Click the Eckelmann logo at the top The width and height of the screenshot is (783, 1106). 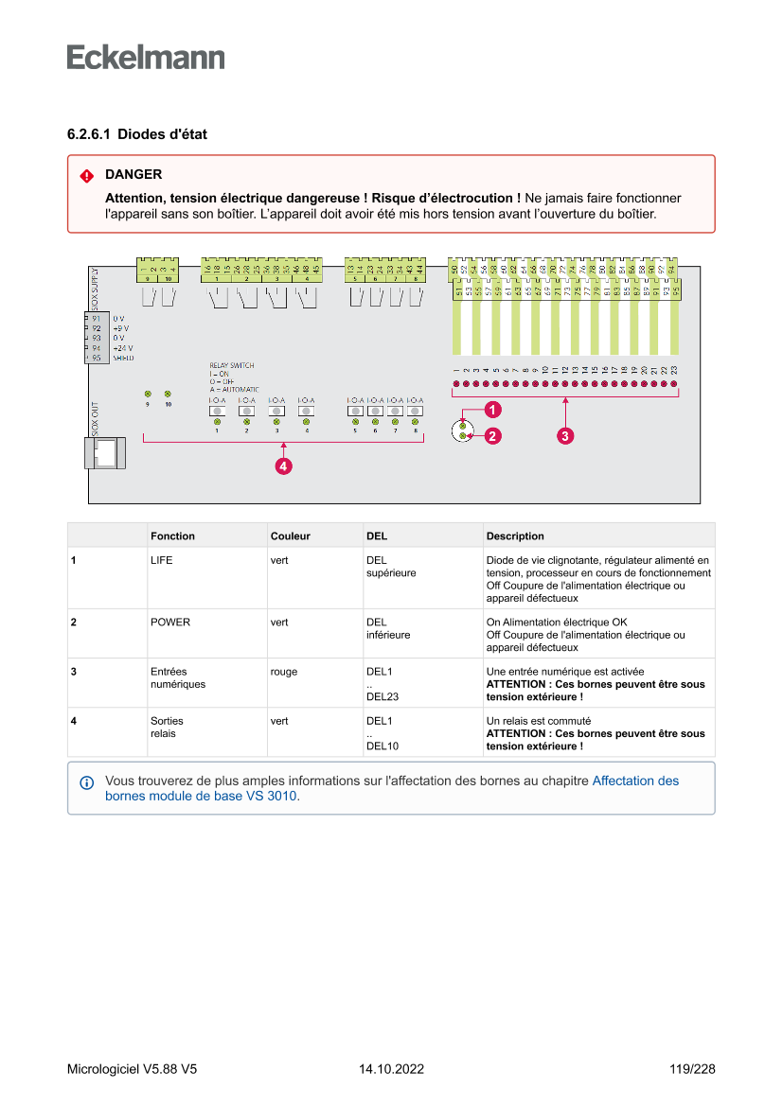(146, 58)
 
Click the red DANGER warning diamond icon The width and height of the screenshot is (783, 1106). (86, 175)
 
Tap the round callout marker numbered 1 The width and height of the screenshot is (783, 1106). (493, 410)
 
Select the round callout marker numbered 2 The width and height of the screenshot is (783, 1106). (493, 436)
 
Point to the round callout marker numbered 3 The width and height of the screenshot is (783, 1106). (564, 436)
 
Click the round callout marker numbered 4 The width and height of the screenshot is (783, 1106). (282, 465)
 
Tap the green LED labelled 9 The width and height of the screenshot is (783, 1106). (148, 393)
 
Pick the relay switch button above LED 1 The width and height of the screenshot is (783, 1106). (217, 412)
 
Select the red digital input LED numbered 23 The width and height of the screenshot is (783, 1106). (674, 384)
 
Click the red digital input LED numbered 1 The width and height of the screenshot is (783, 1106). (455, 384)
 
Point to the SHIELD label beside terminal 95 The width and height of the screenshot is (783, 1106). (123, 359)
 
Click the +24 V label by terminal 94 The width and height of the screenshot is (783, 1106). (123, 348)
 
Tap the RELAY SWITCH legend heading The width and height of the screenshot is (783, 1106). (231, 365)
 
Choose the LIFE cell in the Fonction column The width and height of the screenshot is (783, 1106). (162, 560)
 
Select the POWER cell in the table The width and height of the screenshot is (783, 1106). (170, 623)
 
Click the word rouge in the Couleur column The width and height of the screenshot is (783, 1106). (283, 672)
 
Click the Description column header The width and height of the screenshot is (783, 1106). (515, 535)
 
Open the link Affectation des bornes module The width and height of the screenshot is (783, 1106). (635, 781)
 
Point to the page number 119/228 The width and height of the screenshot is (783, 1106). (691, 1069)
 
